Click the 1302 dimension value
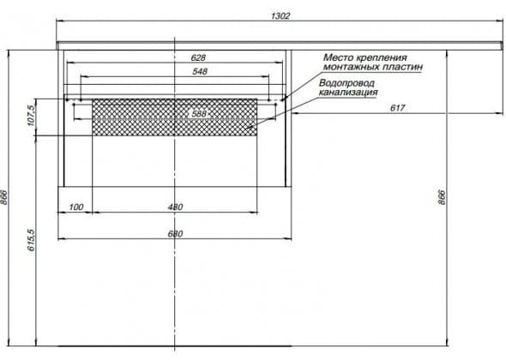click(x=280, y=15)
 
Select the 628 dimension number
click(x=198, y=57)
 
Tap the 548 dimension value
click(x=200, y=71)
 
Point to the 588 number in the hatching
click(x=199, y=113)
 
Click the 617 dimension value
click(x=397, y=108)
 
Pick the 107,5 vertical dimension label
click(x=31, y=116)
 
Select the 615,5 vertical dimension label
click(x=31, y=240)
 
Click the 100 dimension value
click(x=76, y=207)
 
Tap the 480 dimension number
click(x=175, y=207)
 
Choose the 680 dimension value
click(x=175, y=233)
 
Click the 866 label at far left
click(x=4, y=197)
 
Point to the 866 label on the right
click(x=442, y=197)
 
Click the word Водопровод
click(x=346, y=83)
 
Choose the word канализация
click(x=348, y=93)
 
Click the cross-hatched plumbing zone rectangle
click(x=175, y=117)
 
